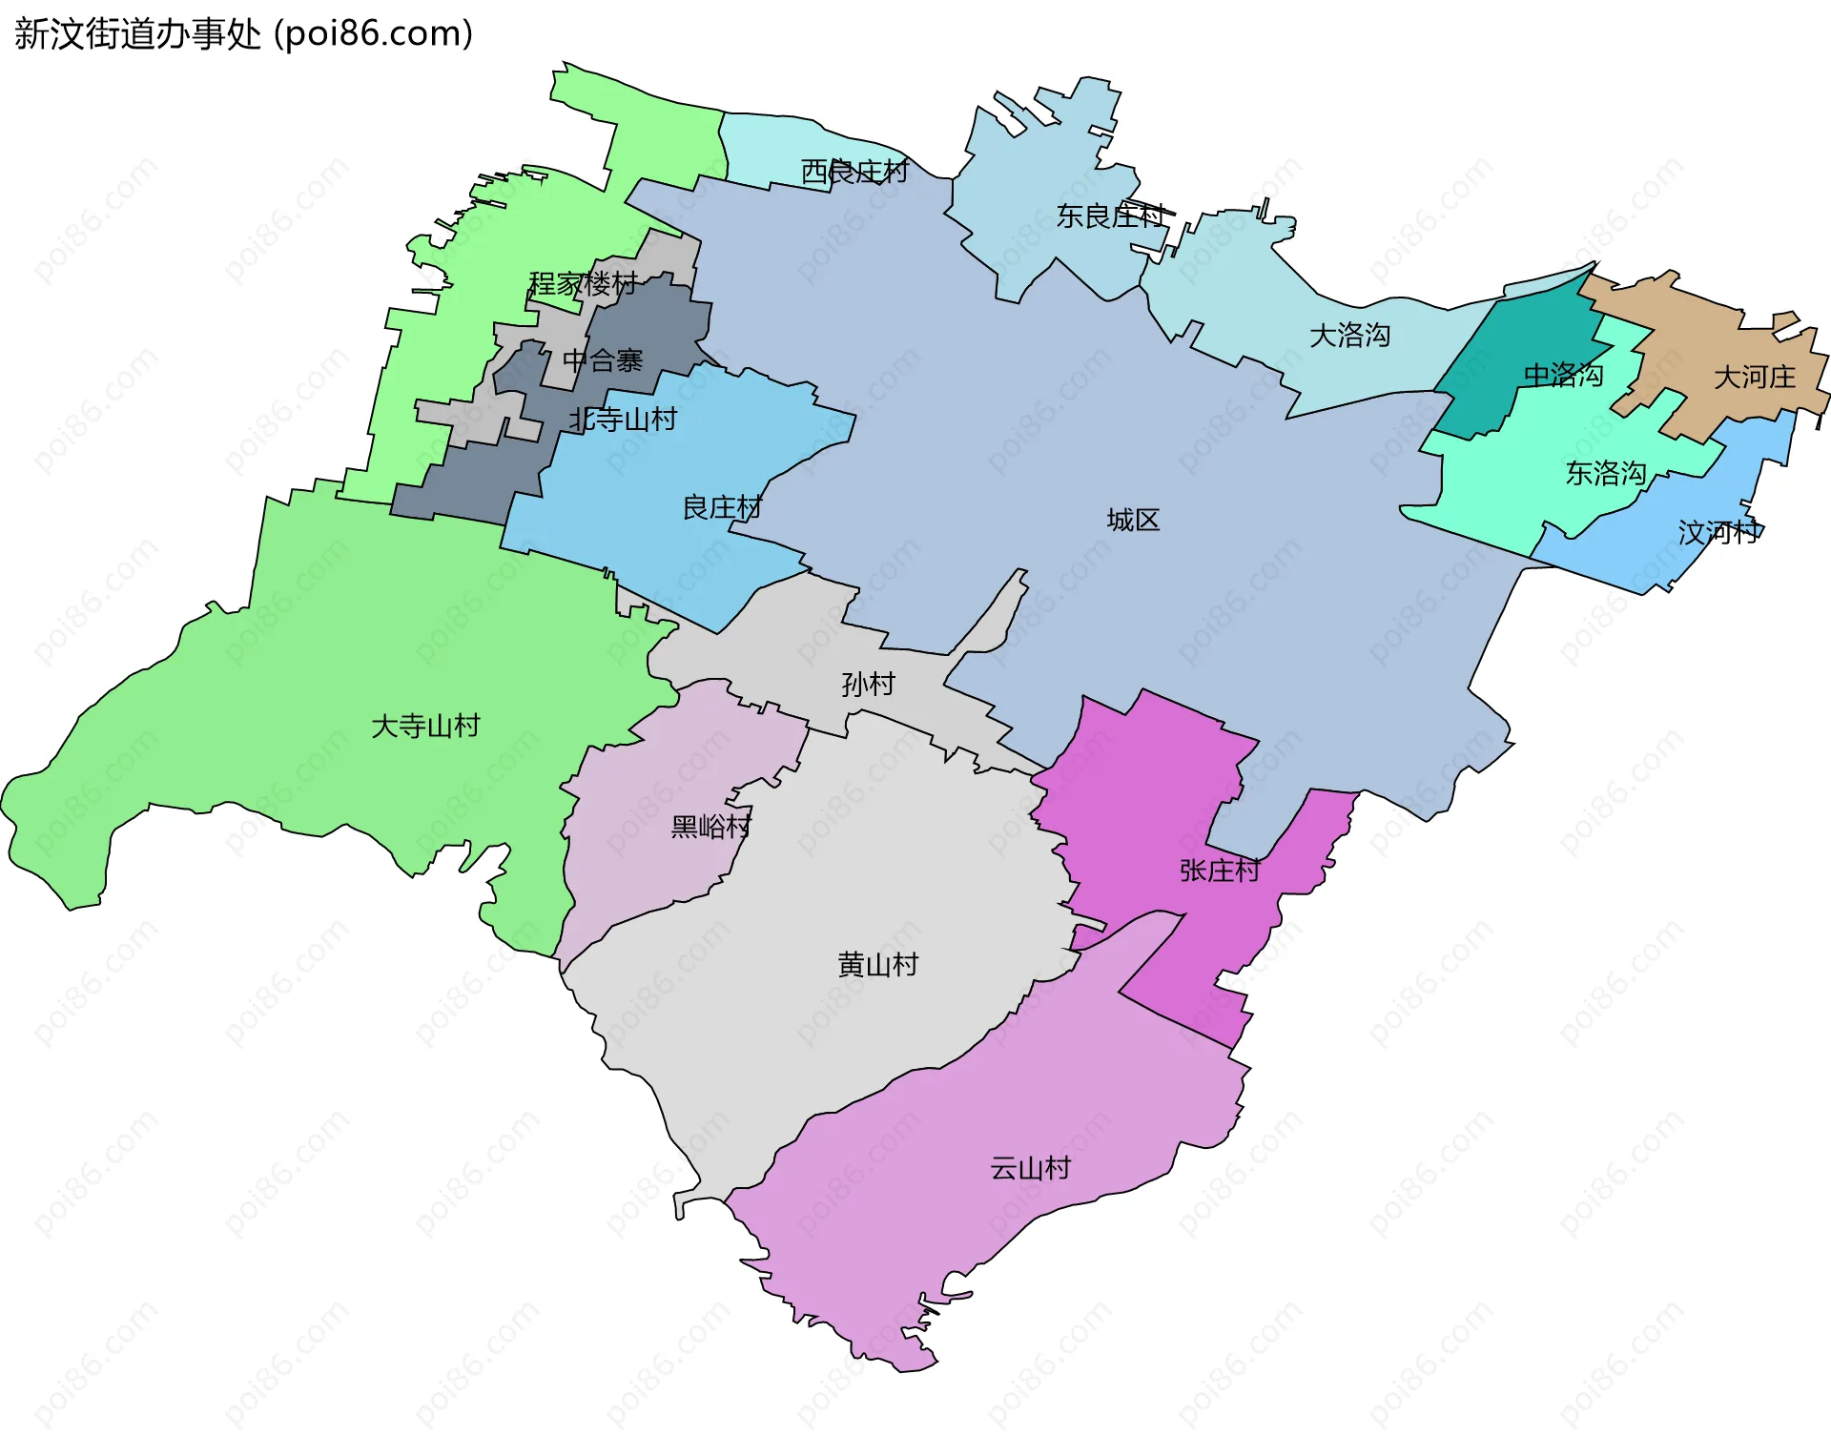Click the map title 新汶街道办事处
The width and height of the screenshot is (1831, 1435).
click(137, 34)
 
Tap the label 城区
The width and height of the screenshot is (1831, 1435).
click(1133, 520)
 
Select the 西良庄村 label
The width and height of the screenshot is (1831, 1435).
click(854, 172)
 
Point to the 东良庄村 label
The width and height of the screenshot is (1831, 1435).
click(1111, 216)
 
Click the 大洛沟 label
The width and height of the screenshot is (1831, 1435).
click(1349, 336)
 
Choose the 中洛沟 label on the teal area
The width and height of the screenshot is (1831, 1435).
click(1562, 376)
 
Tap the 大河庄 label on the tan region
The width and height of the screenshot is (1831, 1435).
click(1755, 378)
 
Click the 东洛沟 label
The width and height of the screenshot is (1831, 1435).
click(1606, 474)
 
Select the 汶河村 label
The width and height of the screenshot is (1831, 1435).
click(1719, 532)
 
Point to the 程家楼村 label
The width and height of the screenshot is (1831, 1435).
click(583, 284)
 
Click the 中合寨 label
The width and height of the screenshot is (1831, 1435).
click(603, 361)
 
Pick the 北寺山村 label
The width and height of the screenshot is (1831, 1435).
click(623, 420)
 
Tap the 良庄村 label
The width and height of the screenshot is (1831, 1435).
click(722, 507)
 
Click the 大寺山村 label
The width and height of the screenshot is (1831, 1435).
click(425, 727)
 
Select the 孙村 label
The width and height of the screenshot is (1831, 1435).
click(868, 684)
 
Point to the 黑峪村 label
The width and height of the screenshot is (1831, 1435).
click(711, 826)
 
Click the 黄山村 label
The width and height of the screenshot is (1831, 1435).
click(877, 965)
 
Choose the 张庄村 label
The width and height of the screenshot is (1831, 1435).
click(1220, 871)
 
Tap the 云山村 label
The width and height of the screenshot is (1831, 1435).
click(1030, 1168)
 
